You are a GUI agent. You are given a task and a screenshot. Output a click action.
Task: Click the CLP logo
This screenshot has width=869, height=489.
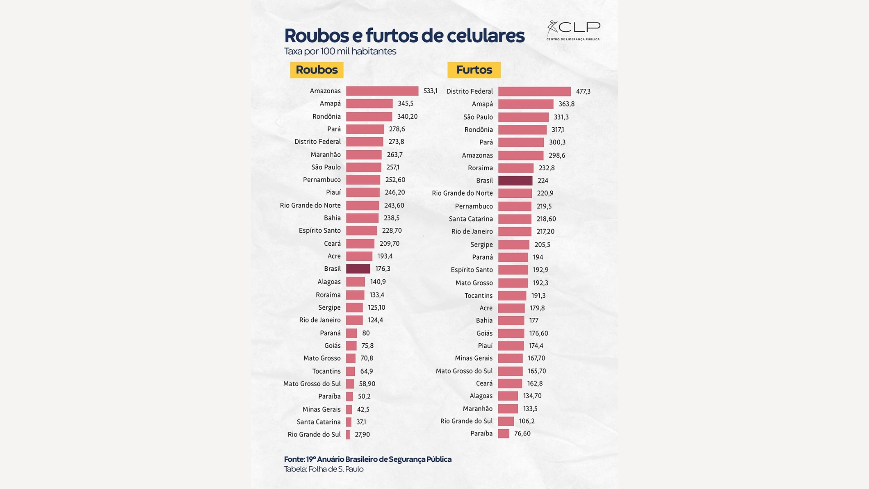(573, 30)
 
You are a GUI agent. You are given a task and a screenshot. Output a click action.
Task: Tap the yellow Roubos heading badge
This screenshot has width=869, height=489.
(317, 70)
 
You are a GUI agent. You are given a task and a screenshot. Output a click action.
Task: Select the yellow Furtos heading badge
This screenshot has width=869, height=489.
(474, 70)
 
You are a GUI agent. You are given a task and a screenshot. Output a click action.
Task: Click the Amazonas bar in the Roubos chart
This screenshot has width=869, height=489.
(382, 91)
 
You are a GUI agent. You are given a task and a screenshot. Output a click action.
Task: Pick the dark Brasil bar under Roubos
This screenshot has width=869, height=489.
(358, 269)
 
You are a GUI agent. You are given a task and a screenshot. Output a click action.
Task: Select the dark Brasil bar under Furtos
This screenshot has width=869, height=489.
(515, 181)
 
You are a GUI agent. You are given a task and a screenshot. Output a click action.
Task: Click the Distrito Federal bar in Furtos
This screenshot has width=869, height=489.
(534, 91)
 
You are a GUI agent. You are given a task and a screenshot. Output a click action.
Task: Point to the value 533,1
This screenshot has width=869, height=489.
(430, 91)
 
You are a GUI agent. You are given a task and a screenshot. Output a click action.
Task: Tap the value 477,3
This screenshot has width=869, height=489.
(583, 91)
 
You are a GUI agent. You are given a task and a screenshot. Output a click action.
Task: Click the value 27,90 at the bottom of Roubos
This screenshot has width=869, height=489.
(362, 435)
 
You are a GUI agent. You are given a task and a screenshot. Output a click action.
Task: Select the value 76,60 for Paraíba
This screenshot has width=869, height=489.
(522, 434)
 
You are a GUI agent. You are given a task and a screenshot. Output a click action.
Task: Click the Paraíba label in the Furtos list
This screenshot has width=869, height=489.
(481, 434)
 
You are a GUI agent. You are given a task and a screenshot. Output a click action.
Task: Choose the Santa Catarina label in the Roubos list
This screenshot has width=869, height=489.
(319, 422)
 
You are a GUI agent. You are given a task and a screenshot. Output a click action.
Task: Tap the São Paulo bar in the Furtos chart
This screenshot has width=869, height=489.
(523, 117)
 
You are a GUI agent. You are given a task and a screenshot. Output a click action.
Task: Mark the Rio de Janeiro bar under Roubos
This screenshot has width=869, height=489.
(354, 320)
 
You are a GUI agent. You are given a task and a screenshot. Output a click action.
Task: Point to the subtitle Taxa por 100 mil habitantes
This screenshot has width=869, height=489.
(340, 52)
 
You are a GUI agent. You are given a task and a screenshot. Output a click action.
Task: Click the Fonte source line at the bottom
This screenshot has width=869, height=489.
(368, 459)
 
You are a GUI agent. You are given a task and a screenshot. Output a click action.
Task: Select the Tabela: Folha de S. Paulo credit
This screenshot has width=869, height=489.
(324, 469)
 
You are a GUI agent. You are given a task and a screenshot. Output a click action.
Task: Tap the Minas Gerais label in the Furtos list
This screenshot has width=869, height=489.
(473, 358)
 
